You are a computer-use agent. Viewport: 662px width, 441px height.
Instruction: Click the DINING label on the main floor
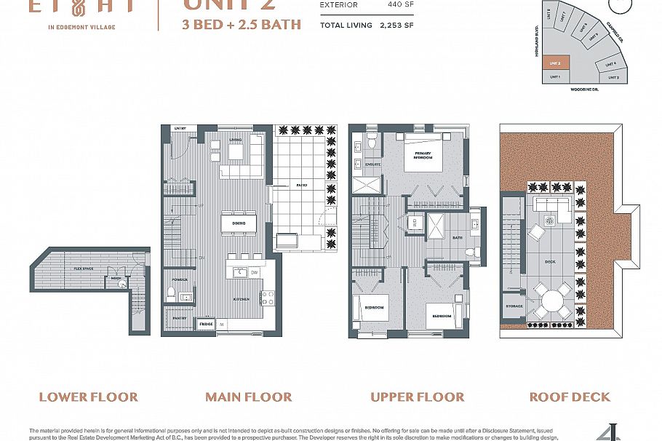point(239,223)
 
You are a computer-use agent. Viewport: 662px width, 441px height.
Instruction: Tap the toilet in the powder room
point(170,293)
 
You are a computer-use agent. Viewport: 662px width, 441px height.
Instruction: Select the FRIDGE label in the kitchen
point(206,322)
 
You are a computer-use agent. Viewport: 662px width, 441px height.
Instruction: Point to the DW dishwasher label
point(255,273)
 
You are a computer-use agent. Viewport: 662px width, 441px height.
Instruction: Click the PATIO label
point(301,186)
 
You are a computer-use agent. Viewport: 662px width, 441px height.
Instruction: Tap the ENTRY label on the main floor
point(180,129)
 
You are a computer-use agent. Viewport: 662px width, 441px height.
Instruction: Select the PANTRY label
point(180,318)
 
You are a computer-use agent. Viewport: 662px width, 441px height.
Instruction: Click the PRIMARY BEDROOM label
point(423,155)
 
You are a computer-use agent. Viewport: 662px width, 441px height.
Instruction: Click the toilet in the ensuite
point(371,141)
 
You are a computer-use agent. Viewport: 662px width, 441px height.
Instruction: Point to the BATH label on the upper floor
point(458,237)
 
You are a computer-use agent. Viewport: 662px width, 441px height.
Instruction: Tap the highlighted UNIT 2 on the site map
point(554,63)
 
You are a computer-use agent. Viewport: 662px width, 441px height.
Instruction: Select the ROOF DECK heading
point(570,397)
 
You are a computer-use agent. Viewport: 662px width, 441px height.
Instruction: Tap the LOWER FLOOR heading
point(88,397)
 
